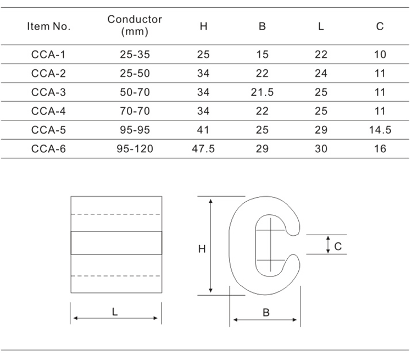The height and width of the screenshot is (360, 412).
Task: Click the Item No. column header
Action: point(48,26)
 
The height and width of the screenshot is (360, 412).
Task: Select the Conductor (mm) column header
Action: point(135,25)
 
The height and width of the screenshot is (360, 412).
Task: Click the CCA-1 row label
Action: point(48,55)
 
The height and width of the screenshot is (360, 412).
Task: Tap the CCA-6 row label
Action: point(48,149)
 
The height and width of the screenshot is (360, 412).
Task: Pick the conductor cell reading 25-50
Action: point(135,73)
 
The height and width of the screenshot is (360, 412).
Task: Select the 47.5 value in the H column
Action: point(203,149)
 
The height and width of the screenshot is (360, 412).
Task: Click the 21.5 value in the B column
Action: point(262,92)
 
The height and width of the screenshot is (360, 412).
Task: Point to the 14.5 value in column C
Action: point(380,130)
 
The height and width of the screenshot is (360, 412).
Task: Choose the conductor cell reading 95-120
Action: point(135,149)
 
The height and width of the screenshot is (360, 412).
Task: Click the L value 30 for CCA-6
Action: point(321,149)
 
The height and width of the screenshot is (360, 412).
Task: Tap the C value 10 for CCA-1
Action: point(380,55)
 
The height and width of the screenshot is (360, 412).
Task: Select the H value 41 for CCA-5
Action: point(203,130)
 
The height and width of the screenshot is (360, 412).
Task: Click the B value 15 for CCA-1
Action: point(262,55)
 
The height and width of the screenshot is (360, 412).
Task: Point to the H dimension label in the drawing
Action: point(202,249)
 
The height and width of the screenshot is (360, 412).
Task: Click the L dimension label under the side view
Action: point(115,312)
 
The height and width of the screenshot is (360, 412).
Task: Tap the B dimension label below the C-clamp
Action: point(266,312)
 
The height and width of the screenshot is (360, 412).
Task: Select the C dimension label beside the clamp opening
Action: point(338,246)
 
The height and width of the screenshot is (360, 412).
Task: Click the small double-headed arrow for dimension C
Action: point(328,245)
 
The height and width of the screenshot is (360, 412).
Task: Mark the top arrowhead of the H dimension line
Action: point(210,201)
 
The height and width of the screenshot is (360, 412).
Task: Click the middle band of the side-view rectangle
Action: point(116,243)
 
